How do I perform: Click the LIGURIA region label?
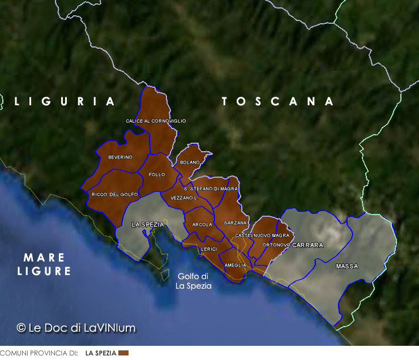65,101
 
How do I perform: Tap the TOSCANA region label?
277,101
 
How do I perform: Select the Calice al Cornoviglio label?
156,121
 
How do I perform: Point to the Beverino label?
120,157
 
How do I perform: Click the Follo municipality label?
156,175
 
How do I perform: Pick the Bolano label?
190,162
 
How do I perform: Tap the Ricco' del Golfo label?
115,194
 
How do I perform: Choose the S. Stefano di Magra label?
211,188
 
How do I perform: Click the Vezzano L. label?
184,198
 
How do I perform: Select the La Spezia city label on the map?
147,224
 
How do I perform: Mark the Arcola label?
202,225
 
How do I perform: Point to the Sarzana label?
235,223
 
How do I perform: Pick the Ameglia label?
235,265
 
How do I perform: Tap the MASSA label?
347,266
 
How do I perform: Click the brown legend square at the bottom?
123,353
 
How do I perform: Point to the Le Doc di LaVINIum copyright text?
76,328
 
